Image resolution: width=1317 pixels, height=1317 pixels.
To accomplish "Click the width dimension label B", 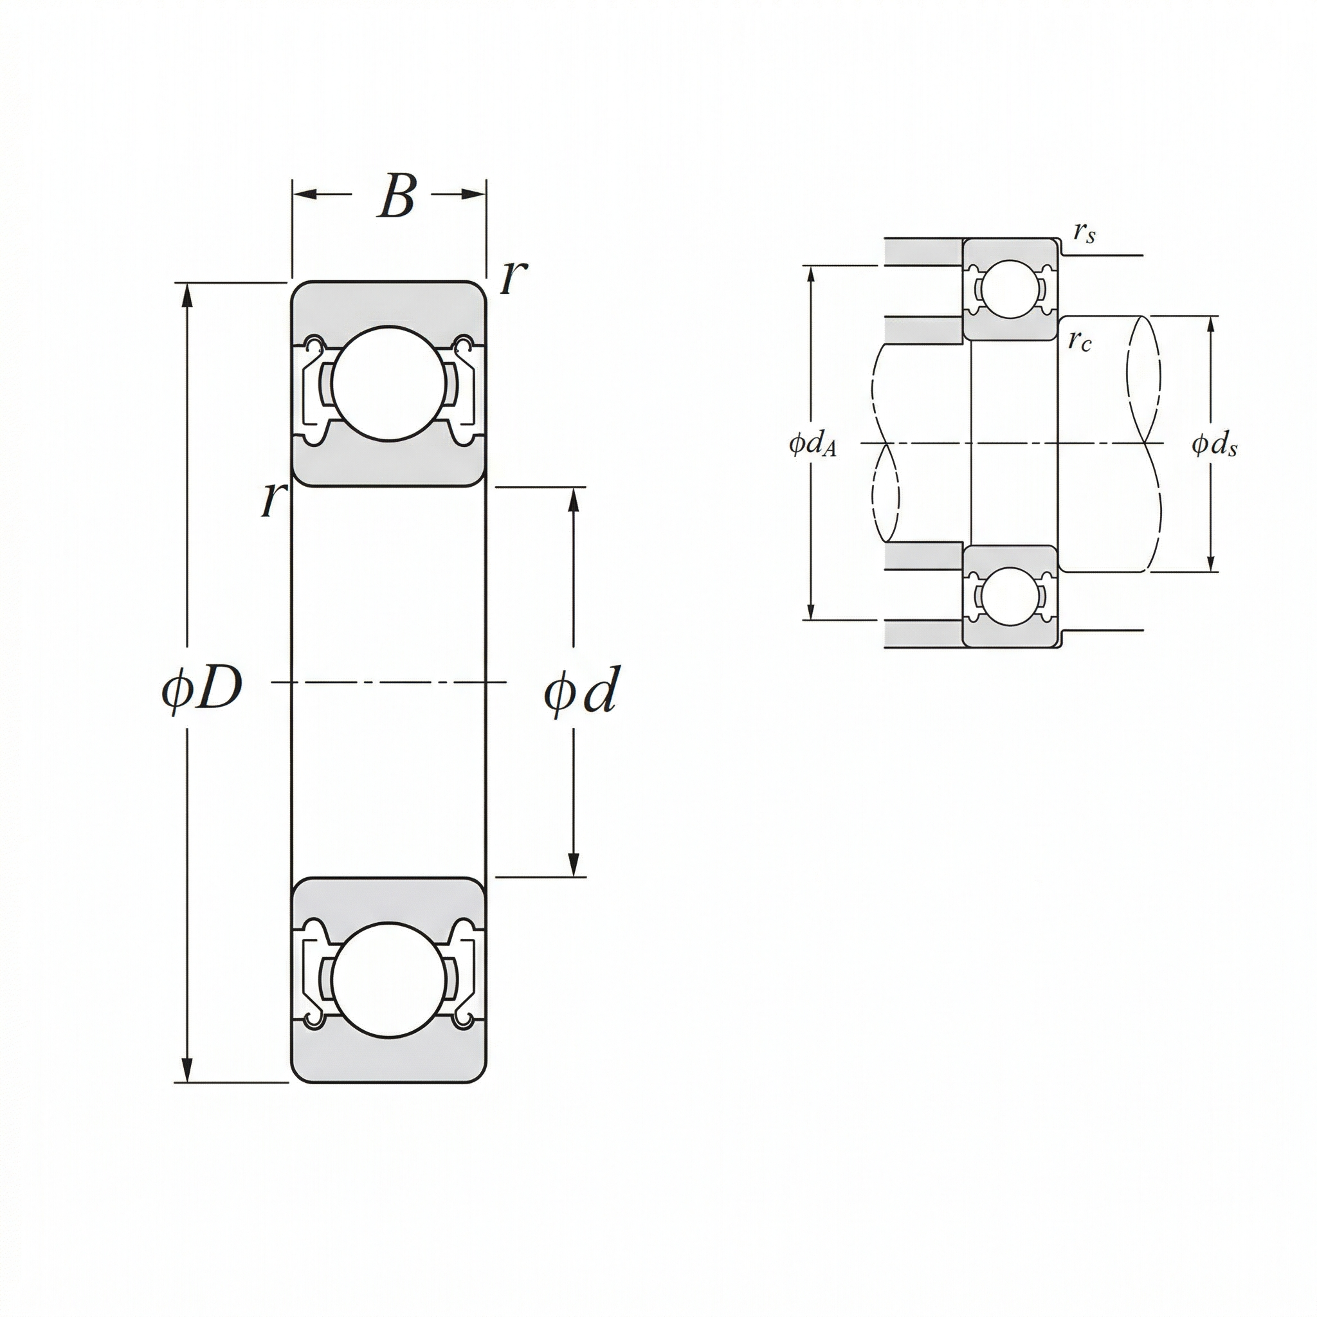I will [396, 197].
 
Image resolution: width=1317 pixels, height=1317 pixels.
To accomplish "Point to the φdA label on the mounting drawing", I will [813, 445].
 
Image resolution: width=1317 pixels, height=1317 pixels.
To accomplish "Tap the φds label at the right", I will [1214, 445].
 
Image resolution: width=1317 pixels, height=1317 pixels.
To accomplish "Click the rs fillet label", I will [1084, 233].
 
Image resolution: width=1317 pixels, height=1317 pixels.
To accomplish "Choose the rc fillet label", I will [1079, 340].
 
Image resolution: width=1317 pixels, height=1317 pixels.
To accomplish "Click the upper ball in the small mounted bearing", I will [1009, 289].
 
